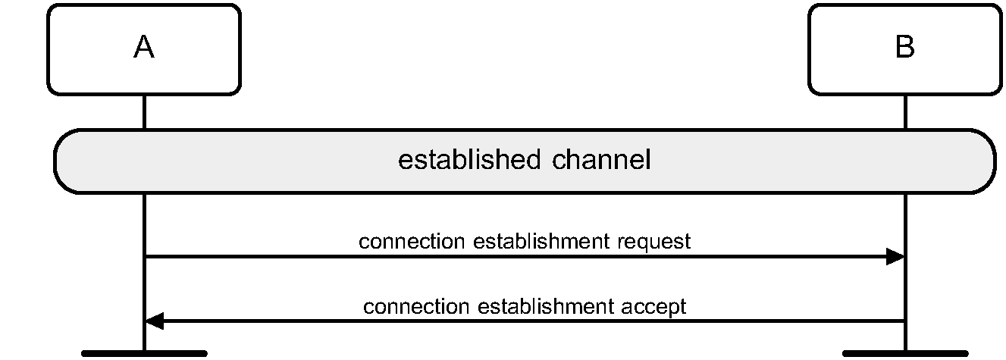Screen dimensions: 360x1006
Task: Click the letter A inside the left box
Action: click(144, 48)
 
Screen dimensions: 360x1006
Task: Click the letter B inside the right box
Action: click(904, 48)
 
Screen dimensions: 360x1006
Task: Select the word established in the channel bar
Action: click(465, 161)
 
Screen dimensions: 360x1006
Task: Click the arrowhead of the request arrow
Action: click(896, 257)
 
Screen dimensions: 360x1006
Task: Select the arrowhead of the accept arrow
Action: click(153, 322)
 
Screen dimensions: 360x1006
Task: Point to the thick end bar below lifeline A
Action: click(144, 353)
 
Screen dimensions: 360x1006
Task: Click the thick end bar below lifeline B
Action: click(904, 353)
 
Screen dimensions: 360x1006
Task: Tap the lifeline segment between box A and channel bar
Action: click(144, 112)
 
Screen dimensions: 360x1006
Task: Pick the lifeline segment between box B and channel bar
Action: click(904, 112)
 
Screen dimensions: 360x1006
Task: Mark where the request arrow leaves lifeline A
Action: click(145, 257)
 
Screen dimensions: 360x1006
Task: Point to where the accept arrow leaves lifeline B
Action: click(904, 322)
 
